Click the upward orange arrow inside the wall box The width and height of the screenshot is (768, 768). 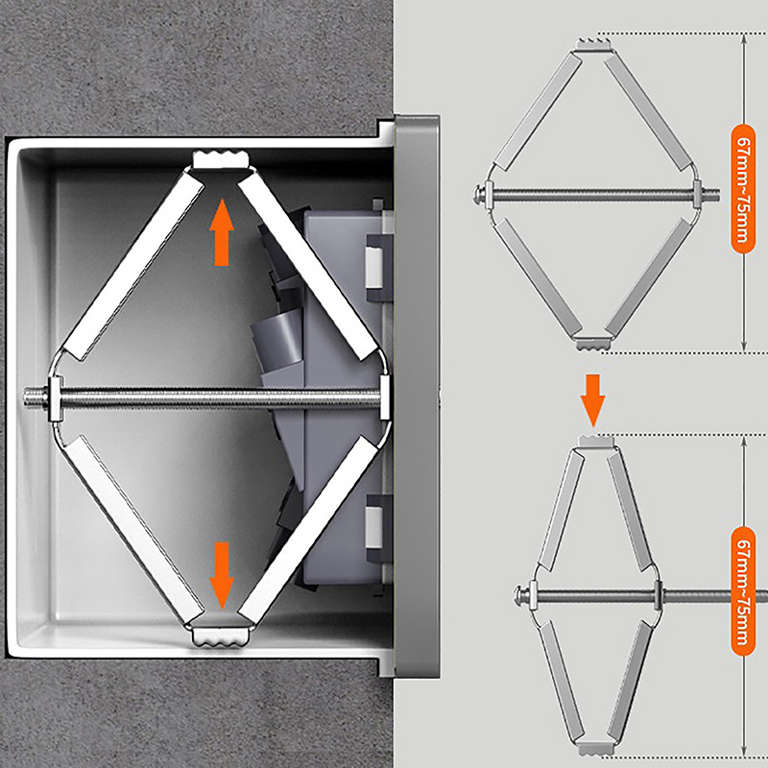[222, 232]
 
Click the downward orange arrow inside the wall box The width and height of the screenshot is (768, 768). [222, 575]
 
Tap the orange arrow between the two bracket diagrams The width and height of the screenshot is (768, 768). [592, 400]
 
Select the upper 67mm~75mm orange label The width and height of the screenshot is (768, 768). [743, 188]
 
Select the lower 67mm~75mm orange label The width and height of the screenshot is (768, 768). [743, 590]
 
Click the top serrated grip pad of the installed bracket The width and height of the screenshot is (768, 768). [222, 159]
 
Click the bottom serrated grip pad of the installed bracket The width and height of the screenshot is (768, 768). [221, 636]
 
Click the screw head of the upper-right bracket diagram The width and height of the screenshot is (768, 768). [479, 195]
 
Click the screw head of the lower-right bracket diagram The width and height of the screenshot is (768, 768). [519, 597]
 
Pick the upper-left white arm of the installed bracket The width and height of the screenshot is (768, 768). [133, 267]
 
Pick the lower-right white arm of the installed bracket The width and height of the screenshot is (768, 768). [310, 530]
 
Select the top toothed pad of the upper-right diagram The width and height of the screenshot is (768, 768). [593, 44]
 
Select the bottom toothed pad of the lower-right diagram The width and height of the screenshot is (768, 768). [595, 749]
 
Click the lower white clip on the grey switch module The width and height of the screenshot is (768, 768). [374, 527]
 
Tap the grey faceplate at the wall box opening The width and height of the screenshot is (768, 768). [417, 396]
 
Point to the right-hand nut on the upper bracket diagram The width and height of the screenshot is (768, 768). [699, 195]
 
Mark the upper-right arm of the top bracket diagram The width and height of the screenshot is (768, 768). [649, 113]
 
